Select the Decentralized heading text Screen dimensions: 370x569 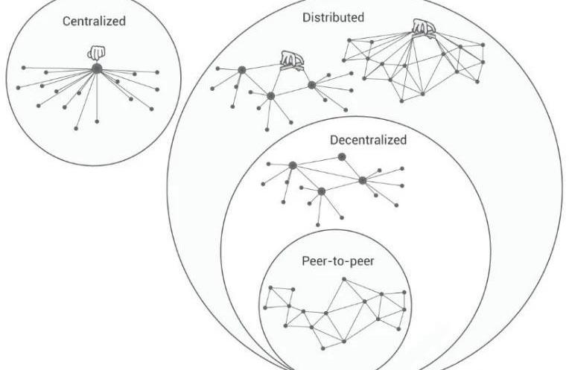click(368, 139)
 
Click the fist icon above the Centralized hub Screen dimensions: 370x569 click(95, 54)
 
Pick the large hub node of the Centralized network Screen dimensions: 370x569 click(96, 68)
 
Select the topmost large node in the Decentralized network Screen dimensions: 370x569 click(342, 156)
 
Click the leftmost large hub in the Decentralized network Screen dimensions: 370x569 click(293, 165)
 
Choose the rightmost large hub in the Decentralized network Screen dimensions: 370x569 click(363, 180)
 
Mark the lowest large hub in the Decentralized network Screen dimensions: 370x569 click(321, 191)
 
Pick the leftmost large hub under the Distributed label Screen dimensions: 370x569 click(241, 70)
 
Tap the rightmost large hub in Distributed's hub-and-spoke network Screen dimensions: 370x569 click(312, 85)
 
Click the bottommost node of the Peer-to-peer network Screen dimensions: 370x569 click(322, 348)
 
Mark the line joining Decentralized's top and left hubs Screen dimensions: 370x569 click(317, 161)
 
